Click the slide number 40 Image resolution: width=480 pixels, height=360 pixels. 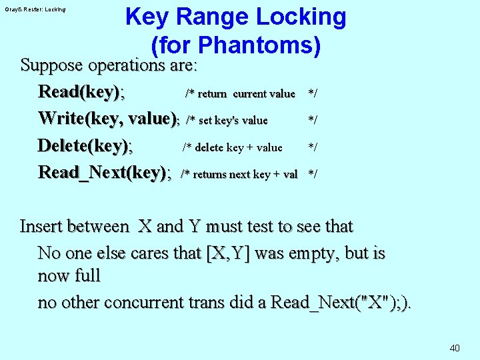coord(455,347)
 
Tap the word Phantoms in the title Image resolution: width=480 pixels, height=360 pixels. coord(260,45)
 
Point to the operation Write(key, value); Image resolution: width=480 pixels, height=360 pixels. coord(109,119)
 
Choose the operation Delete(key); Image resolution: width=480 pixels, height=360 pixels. coord(85,145)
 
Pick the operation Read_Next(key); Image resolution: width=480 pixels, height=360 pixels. coord(105,173)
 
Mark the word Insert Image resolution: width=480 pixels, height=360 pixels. coord(41,226)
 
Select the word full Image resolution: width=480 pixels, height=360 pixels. coord(85,276)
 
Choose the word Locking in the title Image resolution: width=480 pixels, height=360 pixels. coord(299,17)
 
